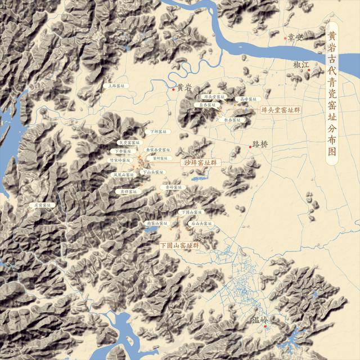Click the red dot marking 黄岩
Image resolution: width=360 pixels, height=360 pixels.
[x=173, y=88]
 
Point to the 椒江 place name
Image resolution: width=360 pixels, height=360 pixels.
[x=301, y=65]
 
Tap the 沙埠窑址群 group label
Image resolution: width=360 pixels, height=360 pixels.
[x=200, y=163]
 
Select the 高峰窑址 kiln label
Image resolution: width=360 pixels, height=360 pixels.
[x=248, y=99]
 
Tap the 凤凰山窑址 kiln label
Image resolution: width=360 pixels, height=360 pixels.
[x=124, y=175]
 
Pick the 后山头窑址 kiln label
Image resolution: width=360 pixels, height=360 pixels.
[x=201, y=223]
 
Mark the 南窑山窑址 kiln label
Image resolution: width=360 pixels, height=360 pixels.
[x=156, y=223]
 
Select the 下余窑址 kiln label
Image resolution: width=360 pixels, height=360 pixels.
[x=123, y=151]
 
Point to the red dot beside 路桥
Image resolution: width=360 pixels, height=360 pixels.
[x=250, y=147]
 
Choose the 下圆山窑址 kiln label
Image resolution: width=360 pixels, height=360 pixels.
[x=191, y=212]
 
